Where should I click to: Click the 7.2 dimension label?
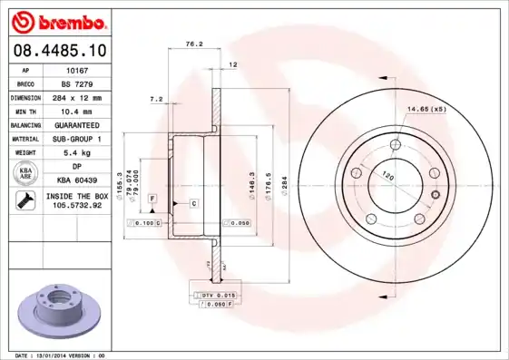tap(155, 98)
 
